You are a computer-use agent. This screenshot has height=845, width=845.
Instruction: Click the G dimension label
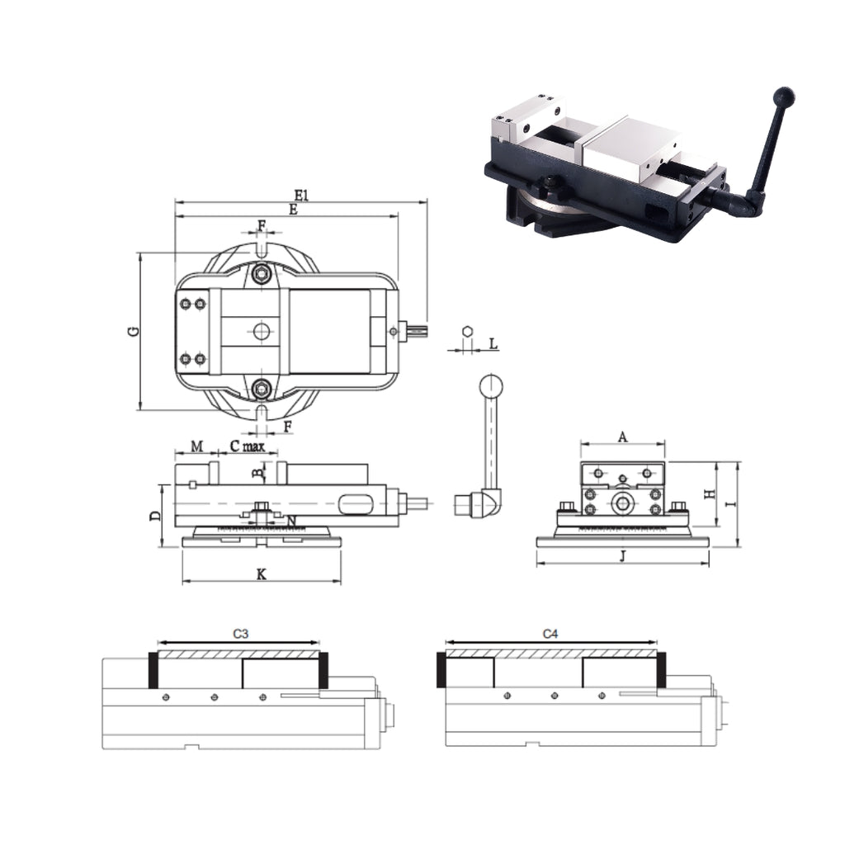click(x=133, y=332)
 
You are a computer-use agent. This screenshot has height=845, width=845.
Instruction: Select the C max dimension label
click(x=247, y=446)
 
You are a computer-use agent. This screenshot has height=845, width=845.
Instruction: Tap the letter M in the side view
click(x=197, y=446)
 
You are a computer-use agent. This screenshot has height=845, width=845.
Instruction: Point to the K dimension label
click(x=261, y=574)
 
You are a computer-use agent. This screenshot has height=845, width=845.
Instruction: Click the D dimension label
click(x=155, y=516)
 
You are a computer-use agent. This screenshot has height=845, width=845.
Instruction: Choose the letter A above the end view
click(x=623, y=437)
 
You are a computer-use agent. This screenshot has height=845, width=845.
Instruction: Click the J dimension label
click(x=623, y=556)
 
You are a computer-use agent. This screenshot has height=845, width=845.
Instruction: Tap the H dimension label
click(x=708, y=493)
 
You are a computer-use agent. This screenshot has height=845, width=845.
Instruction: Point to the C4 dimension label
click(x=550, y=634)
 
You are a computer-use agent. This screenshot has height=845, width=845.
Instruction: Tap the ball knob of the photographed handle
click(x=783, y=97)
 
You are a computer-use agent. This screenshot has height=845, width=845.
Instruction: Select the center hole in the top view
click(x=262, y=332)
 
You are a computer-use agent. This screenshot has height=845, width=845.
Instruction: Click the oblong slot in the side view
click(x=355, y=502)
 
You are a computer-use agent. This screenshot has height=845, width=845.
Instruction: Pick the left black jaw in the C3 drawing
click(x=153, y=670)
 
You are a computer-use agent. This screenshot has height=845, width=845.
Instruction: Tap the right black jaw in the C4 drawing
click(x=661, y=669)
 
